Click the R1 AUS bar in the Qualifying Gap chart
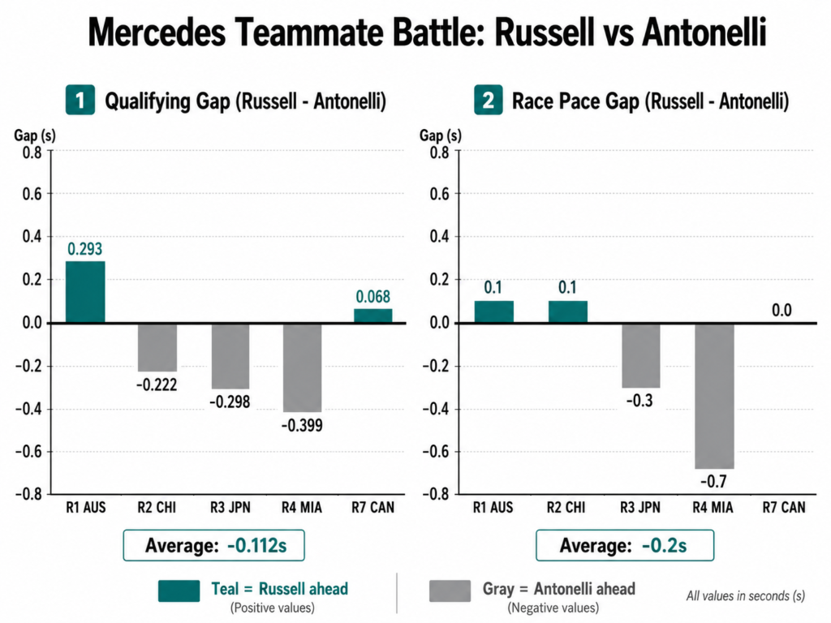[x=85, y=292]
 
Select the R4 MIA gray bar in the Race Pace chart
[x=714, y=396]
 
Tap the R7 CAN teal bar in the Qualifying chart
[x=373, y=316]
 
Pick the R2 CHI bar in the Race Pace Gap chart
[x=567, y=312]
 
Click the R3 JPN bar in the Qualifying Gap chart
[x=230, y=356]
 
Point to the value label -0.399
[x=302, y=425]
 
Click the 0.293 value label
[x=84, y=249]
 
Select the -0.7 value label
[x=714, y=481]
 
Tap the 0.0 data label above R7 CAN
[x=781, y=310]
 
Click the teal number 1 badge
[x=80, y=100]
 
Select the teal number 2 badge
[x=488, y=100]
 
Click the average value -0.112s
[x=257, y=545]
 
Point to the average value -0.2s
[x=664, y=545]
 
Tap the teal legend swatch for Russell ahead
[x=179, y=591]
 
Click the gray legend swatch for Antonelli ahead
[x=450, y=591]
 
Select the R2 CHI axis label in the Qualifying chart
[x=157, y=508]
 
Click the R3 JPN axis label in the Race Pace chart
[x=640, y=508]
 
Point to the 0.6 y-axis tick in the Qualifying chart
[x=32, y=194]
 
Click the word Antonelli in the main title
[x=704, y=32]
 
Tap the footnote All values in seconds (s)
[x=746, y=596]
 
